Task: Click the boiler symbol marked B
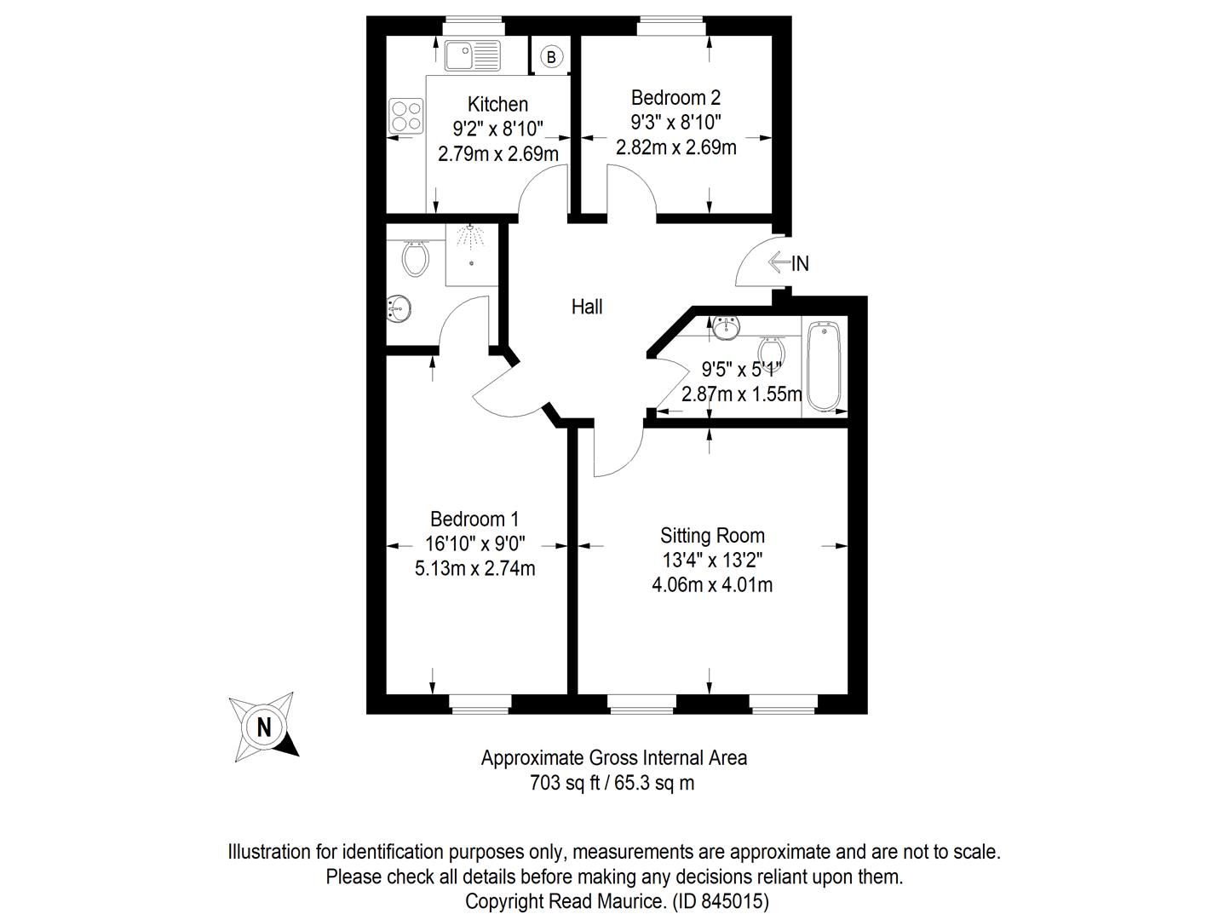(551, 56)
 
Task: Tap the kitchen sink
(472, 55)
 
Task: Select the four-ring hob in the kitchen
(405, 116)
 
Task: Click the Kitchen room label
(497, 104)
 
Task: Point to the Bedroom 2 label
(675, 98)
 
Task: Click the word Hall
(587, 307)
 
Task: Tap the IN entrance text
(800, 263)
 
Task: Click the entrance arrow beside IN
(779, 262)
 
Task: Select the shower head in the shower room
(470, 235)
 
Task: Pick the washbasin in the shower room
(399, 309)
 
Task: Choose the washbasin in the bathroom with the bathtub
(727, 328)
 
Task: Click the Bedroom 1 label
(474, 519)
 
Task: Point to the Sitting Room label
(712, 536)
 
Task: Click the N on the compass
(264, 727)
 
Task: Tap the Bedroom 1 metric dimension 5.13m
(440, 569)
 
